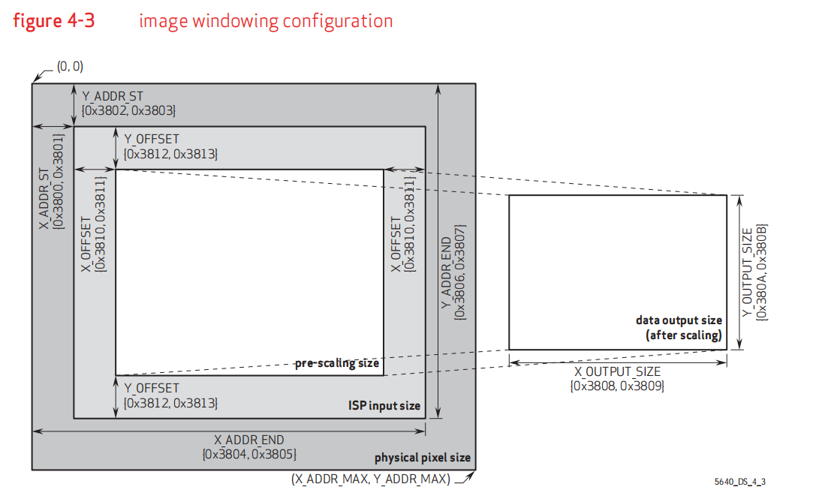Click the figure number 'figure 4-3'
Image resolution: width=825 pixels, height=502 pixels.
pyautogui.click(x=53, y=20)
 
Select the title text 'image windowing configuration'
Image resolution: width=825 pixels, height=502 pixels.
pyautogui.click(x=266, y=20)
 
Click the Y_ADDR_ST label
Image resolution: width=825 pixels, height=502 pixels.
pyautogui.click(x=112, y=96)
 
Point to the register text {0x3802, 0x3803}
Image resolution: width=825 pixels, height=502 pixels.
pyautogui.click(x=128, y=110)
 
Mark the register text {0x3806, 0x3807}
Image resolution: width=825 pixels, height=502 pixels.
pyautogui.click(x=460, y=272)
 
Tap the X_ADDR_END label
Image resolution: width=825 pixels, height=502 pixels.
pyautogui.click(x=249, y=440)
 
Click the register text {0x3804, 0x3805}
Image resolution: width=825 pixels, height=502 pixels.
pyautogui.click(x=249, y=454)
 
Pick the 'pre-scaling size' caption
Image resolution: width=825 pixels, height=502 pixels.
pyautogui.click(x=337, y=363)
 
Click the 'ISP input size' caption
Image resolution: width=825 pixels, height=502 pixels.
pyautogui.click(x=384, y=406)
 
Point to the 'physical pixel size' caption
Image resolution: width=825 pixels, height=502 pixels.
pyautogui.click(x=423, y=458)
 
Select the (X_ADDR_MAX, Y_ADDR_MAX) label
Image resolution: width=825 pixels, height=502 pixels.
pyautogui.click(x=370, y=478)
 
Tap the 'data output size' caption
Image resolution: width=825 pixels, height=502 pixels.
pyautogui.click(x=679, y=320)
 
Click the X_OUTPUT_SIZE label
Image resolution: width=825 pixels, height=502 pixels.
pyautogui.click(x=618, y=372)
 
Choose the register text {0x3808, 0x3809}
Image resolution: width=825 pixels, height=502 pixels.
pyautogui.click(x=618, y=386)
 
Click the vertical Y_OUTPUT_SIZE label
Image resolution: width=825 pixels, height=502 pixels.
pyautogui.click(x=748, y=272)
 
